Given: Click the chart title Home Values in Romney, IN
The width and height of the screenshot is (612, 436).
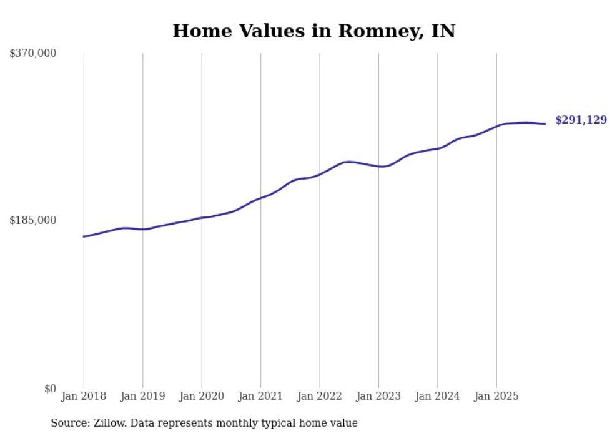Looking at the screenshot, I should tap(313, 31).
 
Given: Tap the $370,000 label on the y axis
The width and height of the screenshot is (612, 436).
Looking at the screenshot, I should tap(32, 54).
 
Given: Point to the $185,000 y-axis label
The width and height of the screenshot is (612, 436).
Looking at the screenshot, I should tap(32, 220).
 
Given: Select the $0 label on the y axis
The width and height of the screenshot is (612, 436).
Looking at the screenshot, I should tap(50, 389).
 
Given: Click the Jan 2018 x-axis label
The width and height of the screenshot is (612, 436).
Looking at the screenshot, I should tap(84, 396).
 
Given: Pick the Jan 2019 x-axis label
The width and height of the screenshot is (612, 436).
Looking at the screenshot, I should tap(142, 396).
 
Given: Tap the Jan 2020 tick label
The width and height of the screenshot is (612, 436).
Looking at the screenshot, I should tap(202, 396).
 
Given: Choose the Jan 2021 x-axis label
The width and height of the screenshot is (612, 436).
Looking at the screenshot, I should tap(260, 396).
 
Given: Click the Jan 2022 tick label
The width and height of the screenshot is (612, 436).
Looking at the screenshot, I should tap(320, 396).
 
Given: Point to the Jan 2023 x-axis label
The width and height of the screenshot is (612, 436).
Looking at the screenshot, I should tap(378, 396).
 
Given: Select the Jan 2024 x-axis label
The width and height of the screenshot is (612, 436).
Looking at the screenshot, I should tap(438, 396).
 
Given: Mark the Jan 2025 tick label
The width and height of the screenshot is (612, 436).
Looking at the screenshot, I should tap(496, 396).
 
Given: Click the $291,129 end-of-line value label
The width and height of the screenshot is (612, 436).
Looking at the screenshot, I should tap(581, 120).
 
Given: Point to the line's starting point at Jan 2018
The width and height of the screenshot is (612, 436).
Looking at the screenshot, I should tap(84, 236).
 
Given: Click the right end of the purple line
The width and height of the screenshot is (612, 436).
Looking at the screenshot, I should tap(545, 124).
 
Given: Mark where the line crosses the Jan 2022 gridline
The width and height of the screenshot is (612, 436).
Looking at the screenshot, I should tap(320, 174).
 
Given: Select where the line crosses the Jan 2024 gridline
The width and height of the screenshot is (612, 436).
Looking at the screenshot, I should tap(438, 148).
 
